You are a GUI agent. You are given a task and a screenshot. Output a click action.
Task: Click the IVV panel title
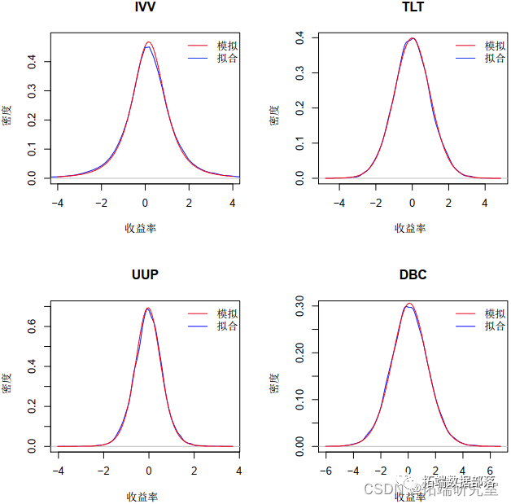[145, 7]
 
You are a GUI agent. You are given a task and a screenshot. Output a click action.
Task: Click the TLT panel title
[413, 7]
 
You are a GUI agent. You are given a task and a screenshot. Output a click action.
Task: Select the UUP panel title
[145, 274]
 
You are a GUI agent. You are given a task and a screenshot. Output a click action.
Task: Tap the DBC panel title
[413, 274]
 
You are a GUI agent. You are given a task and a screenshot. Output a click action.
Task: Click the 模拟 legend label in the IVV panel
[227, 46]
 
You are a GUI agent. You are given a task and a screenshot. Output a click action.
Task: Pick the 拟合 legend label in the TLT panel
[495, 58]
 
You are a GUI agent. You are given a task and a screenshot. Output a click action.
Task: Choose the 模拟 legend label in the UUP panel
[227, 314]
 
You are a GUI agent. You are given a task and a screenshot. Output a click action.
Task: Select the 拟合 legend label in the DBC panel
[495, 326]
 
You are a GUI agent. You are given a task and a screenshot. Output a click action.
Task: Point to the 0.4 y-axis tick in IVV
[33, 60]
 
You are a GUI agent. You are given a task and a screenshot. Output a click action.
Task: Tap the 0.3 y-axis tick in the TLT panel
[300, 72]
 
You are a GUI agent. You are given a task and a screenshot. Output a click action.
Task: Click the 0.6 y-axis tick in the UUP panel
[33, 326]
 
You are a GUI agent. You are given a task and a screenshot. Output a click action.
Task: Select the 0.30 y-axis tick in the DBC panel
[300, 307]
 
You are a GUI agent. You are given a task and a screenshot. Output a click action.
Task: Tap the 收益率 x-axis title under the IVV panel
[142, 228]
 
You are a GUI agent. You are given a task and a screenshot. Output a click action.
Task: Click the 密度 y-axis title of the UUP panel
[7, 383]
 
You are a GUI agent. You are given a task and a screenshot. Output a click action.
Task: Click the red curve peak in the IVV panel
[148, 42]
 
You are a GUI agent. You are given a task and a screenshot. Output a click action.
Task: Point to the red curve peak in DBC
[410, 304]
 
